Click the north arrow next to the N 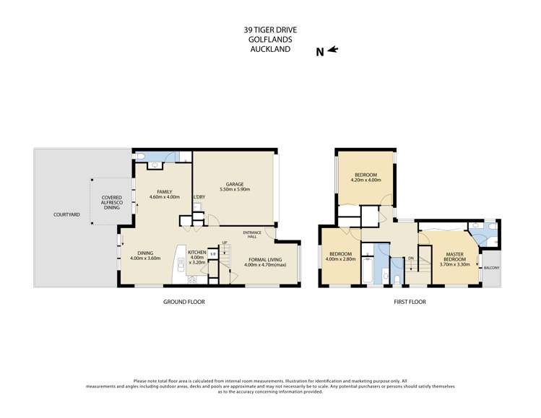point(332,50)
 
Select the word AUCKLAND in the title point(270,50)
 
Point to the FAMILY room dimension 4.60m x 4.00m point(164,197)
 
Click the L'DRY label point(199,197)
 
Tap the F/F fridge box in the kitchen point(213,253)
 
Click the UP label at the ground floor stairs point(225,243)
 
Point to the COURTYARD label point(66,214)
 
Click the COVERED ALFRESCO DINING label point(112,203)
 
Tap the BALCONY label point(491,268)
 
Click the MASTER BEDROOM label point(454,256)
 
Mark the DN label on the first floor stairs point(410,258)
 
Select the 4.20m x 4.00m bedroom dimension point(366,180)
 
